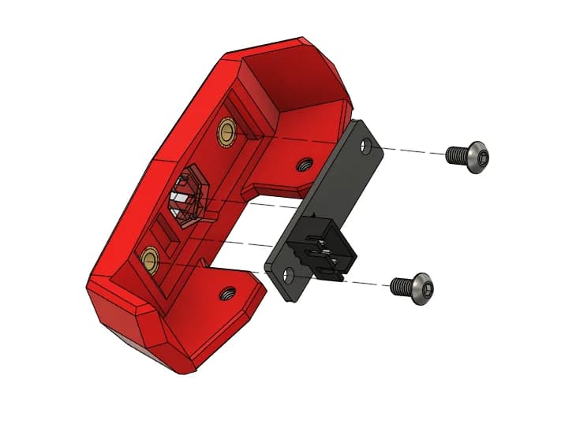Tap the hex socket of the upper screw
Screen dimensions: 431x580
click(x=481, y=158)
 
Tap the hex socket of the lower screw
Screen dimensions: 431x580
click(x=426, y=292)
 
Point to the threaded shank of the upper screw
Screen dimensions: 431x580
click(x=455, y=155)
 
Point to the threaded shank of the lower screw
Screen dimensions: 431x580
click(x=401, y=286)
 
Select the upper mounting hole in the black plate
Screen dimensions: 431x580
click(x=365, y=146)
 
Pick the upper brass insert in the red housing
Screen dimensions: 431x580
click(x=228, y=130)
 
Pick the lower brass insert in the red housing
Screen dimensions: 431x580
click(x=148, y=257)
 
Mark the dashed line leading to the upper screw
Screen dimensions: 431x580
click(x=410, y=149)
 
